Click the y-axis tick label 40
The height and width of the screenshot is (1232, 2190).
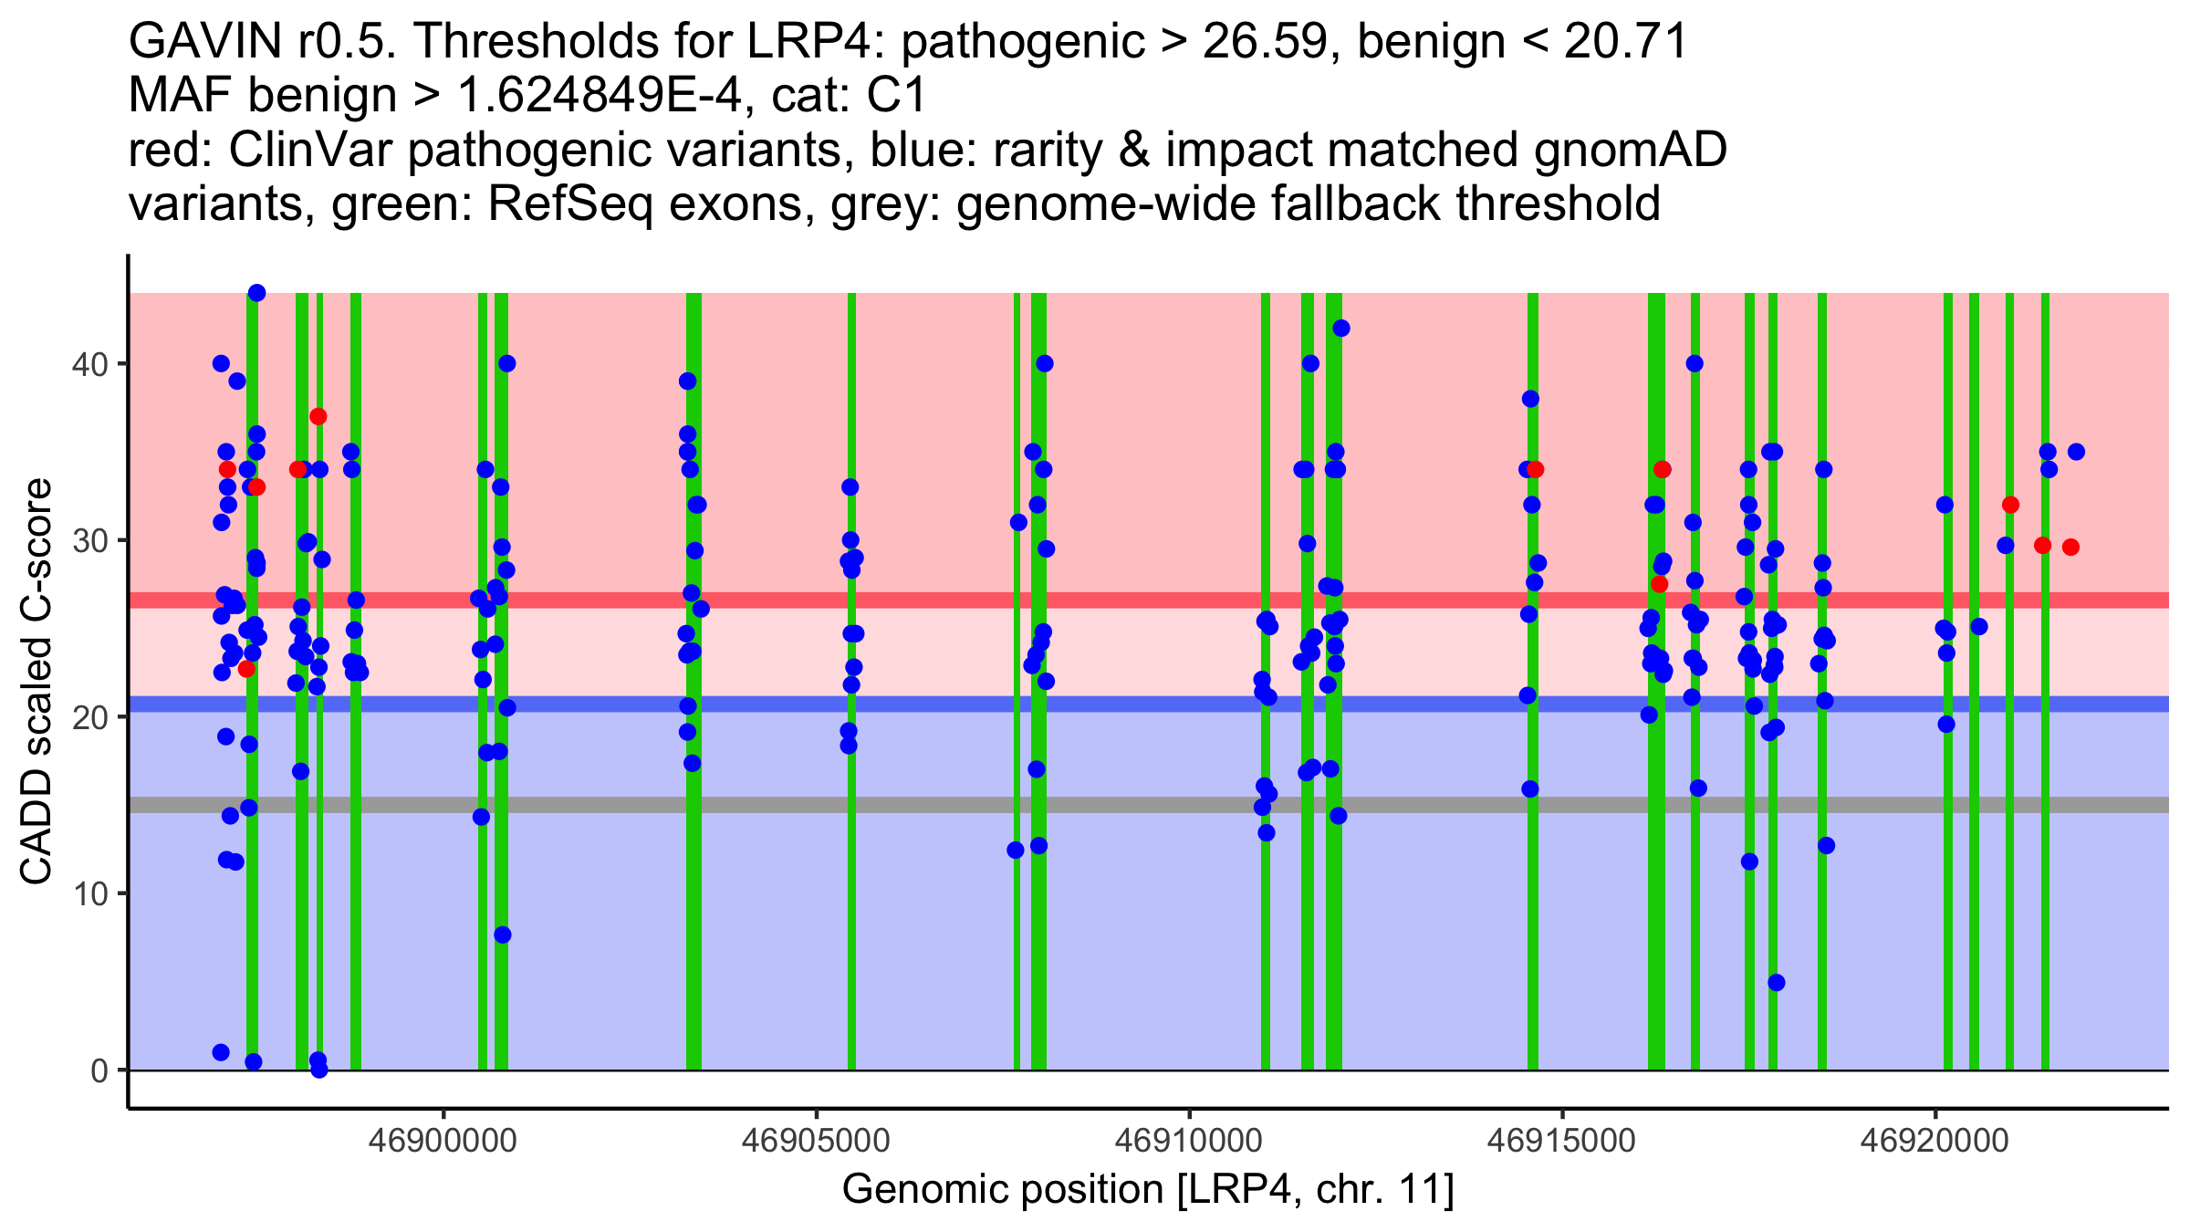[x=89, y=364]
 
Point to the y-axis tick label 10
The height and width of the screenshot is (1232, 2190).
[x=89, y=893]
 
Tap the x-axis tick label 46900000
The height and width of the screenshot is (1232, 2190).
[x=444, y=1141]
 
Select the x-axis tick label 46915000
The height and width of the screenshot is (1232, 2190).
[x=1563, y=1141]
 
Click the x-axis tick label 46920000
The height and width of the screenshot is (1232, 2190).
[x=1935, y=1141]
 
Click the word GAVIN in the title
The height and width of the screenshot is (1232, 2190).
[x=204, y=41]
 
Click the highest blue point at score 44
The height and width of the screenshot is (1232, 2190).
[x=257, y=293]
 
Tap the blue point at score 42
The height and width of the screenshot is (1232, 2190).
[x=1340, y=329]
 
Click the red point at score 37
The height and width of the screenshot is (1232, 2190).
[x=318, y=417]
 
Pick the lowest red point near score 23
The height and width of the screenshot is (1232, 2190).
[x=246, y=669]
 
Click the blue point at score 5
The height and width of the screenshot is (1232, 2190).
[x=1776, y=983]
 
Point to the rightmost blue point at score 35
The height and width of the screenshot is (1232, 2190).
[x=2076, y=452]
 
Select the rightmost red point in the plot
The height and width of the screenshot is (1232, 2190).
[x=2070, y=548]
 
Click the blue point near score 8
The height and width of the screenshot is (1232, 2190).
[x=503, y=934]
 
